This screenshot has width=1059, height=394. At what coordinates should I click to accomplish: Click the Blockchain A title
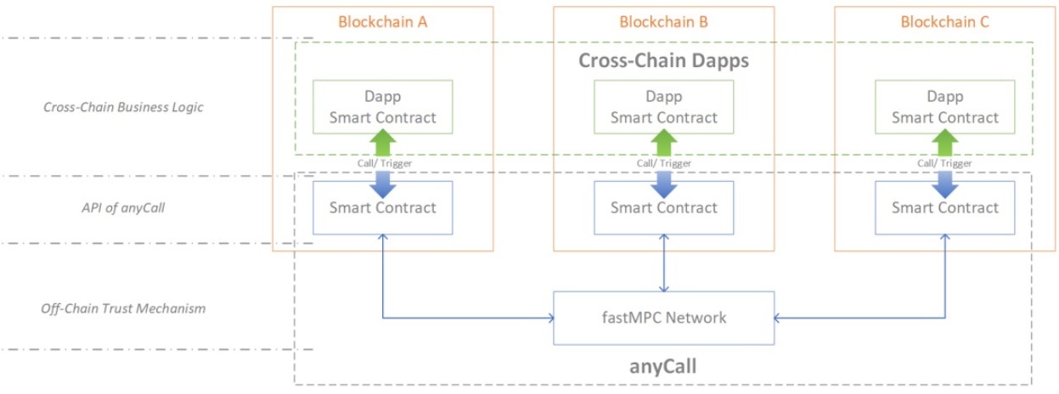(382, 22)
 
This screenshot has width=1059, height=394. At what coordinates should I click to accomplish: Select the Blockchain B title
(663, 22)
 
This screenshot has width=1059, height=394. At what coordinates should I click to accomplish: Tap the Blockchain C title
(944, 22)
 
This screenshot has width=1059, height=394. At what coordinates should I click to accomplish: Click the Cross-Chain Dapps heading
(663, 61)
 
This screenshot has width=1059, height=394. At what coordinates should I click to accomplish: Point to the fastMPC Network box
(663, 318)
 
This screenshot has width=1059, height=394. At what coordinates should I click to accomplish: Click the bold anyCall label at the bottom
(663, 366)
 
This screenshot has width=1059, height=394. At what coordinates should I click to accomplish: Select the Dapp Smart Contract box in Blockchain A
(382, 107)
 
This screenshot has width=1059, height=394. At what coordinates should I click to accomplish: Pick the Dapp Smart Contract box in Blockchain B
(663, 107)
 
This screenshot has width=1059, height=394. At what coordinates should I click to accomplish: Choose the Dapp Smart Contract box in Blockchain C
(944, 107)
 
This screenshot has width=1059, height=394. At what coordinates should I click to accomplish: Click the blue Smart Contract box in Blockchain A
(382, 207)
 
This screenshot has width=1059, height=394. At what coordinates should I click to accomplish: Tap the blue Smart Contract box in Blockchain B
(663, 207)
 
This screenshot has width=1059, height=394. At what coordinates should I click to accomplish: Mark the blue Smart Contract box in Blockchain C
(944, 207)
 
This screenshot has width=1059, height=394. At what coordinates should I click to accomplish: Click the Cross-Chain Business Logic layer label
(124, 107)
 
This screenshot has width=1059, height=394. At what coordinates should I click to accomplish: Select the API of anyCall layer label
(124, 207)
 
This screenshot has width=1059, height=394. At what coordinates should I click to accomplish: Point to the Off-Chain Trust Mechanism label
(124, 308)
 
